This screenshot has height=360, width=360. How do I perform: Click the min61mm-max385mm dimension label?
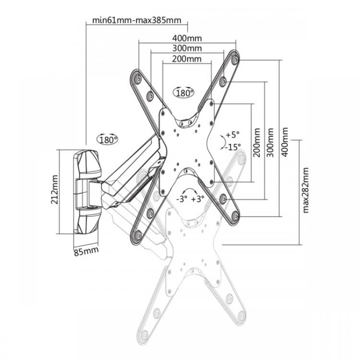pyautogui.click(x=137, y=20)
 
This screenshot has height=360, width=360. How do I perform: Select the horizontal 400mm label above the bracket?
pyautogui.click(x=187, y=38)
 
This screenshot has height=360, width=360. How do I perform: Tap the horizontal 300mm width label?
pyautogui.click(x=187, y=48)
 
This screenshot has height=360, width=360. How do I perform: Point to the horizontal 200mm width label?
pyautogui.click(x=187, y=59)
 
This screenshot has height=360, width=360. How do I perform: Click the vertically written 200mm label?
pyautogui.click(x=256, y=143)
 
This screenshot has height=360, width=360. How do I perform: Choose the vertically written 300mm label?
pyautogui.click(x=270, y=143)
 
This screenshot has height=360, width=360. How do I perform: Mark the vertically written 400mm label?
pyautogui.click(x=284, y=142)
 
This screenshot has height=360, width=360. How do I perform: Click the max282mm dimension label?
pyautogui.click(x=306, y=190)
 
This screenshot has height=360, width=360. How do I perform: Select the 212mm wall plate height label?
pyautogui.click(x=54, y=189)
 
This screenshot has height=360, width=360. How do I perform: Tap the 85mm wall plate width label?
pyautogui.click(x=86, y=251)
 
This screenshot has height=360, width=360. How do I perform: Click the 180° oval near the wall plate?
pyautogui.click(x=107, y=139)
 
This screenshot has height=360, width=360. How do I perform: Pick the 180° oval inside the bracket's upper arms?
pyautogui.click(x=183, y=93)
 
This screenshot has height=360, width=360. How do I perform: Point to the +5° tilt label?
pyautogui.click(x=233, y=134)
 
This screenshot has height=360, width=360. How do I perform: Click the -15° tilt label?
pyautogui.click(x=233, y=147)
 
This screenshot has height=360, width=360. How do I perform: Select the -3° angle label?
pyautogui.click(x=182, y=198)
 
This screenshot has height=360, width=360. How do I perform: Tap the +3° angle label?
pyautogui.click(x=198, y=198)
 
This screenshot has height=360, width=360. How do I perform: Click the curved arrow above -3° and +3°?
pyautogui.click(x=189, y=190)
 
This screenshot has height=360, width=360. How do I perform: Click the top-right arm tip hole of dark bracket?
pyautogui.click(x=234, y=60)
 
